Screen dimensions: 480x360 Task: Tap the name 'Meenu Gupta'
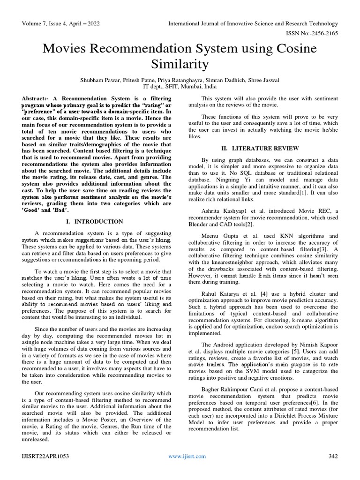(x=217, y=236)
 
